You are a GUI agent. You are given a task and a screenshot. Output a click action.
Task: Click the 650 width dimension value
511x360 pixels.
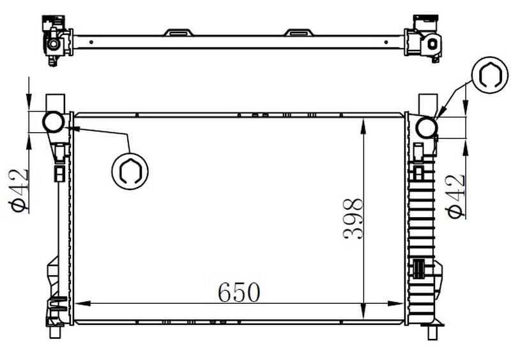pyautogui.click(x=239, y=292)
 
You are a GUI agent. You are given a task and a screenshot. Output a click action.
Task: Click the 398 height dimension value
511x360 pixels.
pyautogui.click(x=353, y=218)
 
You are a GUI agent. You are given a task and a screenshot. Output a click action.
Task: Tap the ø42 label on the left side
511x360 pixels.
pyautogui.click(x=19, y=191)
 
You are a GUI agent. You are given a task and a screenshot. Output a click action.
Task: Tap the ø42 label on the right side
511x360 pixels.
pyautogui.click(x=455, y=197)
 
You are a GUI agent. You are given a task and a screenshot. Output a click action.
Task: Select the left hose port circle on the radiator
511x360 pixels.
pyautogui.click(x=53, y=122)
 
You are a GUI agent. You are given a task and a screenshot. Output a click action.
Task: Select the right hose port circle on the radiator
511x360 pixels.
pyautogui.click(x=426, y=128)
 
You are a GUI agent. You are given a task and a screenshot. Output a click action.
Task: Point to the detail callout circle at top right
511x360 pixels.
pyautogui.click(x=490, y=75)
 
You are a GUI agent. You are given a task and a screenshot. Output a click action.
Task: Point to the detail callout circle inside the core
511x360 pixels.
pyautogui.click(x=130, y=171)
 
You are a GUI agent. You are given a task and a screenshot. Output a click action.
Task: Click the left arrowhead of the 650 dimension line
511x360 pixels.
pyautogui.click(x=82, y=304)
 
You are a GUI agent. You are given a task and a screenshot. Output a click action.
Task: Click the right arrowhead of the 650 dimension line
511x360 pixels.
pyautogui.click(x=395, y=304)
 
